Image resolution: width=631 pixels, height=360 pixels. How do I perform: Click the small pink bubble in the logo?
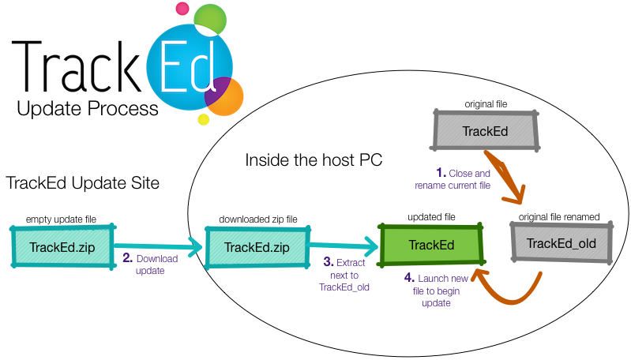coord(182,9)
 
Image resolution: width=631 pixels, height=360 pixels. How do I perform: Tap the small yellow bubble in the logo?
coord(203,119)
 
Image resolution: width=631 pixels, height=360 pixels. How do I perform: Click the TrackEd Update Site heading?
coord(83,183)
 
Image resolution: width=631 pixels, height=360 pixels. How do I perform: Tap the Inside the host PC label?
coord(314,160)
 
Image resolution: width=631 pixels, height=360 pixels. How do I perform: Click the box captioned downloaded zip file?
coord(257,247)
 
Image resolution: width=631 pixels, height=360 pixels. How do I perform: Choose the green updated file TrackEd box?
coord(431,244)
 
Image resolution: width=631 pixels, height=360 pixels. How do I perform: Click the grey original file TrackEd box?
coord(485,129)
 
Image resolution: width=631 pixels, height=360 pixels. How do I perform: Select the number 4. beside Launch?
coord(410,277)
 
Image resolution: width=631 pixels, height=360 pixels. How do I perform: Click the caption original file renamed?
coord(559,216)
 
